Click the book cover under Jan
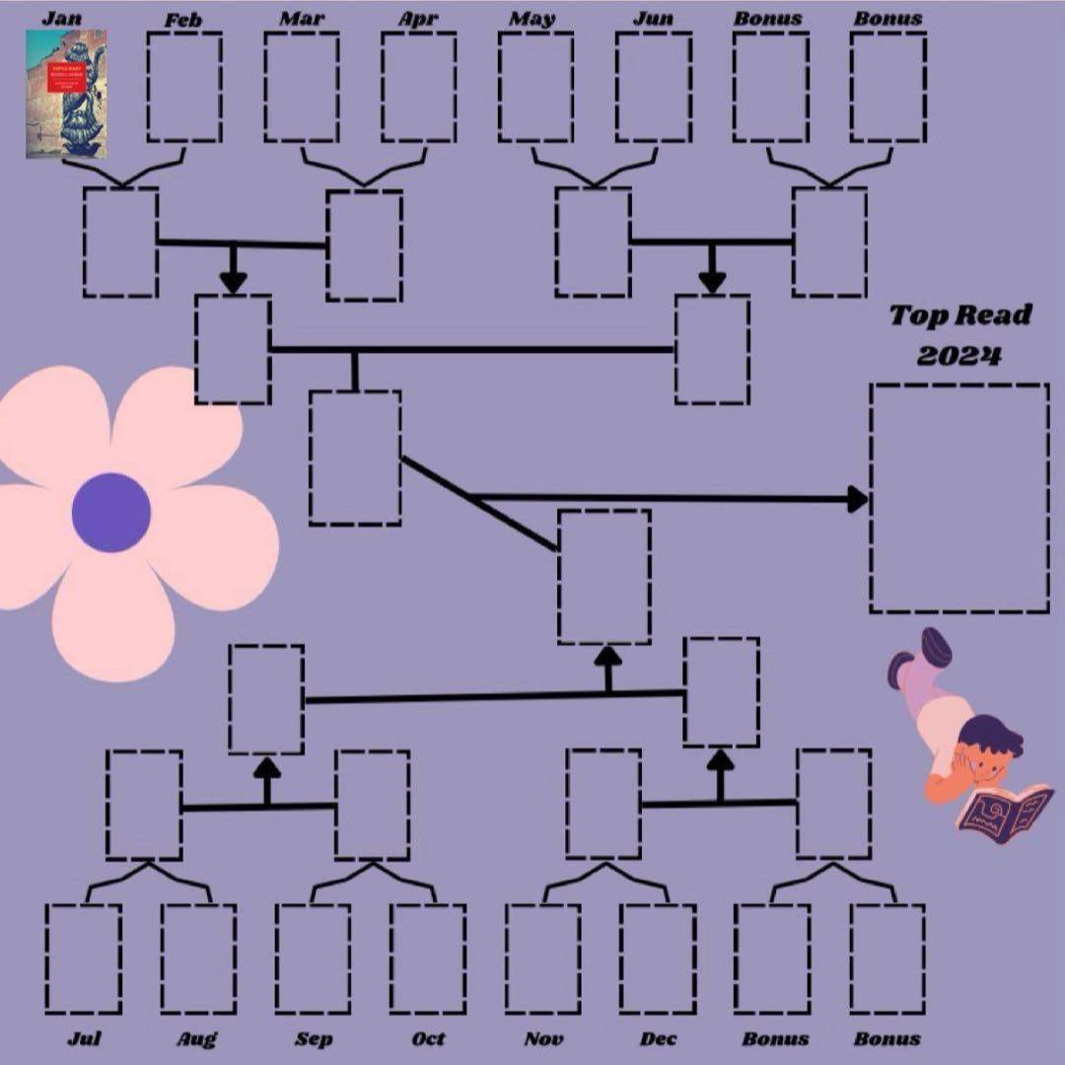65,94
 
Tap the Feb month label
183,20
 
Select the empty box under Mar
301,87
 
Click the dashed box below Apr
418,87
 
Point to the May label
532,19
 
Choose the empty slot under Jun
653,87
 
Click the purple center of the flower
111,513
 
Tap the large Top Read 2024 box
958,498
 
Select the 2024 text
958,355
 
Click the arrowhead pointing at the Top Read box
857,499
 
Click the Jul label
84,1038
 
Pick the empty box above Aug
198,958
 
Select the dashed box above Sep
313,958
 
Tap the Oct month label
428,1038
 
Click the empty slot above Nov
542,958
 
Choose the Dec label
658,1038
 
